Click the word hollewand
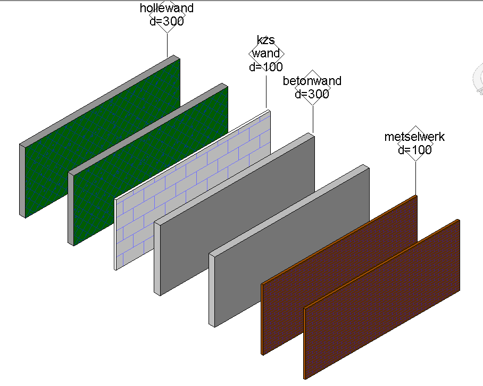tap(166, 9)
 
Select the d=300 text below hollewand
tap(166, 22)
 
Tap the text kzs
tap(266, 40)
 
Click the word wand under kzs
tap(266, 54)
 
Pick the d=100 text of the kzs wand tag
tap(266, 67)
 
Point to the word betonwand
tap(312, 81)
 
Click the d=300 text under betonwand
tap(312, 95)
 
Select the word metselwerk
tap(415, 137)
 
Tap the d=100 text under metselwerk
tap(415, 150)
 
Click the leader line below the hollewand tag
tap(168, 45)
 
